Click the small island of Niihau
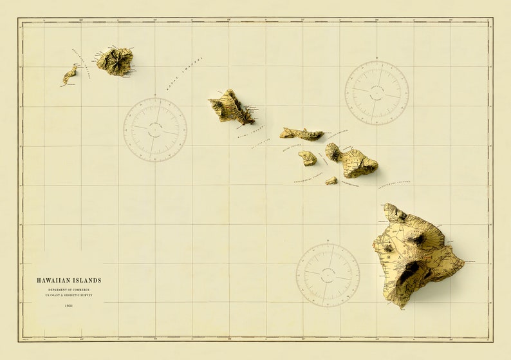coord(69,75)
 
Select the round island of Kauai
coord(115,61)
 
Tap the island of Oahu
coord(231,108)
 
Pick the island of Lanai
coord(308,158)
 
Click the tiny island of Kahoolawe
coord(331,181)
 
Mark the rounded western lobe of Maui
coord(333,152)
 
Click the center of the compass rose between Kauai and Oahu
coord(155,129)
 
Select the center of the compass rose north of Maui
coord(376,93)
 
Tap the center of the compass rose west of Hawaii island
coord(328,275)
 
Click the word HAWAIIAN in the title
coord(54,280)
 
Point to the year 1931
coord(69,305)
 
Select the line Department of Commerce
coord(69,290)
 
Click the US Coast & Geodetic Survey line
coord(69,296)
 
